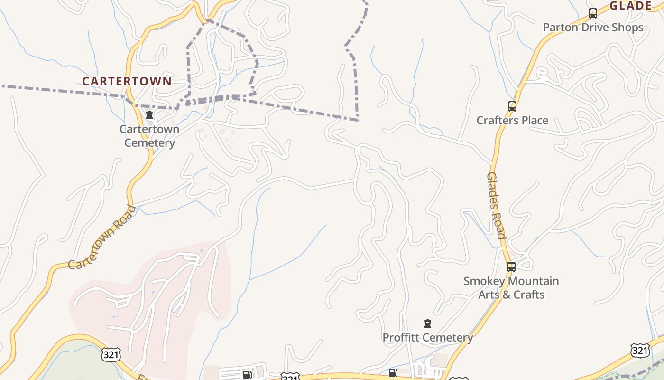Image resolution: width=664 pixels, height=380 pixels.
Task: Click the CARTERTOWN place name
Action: coord(127,81)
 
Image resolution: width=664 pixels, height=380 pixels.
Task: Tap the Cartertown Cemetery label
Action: coord(149,136)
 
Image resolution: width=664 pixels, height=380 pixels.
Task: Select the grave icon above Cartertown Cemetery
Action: coord(149,115)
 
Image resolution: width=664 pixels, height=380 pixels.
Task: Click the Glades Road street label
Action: coord(496,205)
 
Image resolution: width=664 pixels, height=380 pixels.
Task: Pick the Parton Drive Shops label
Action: coord(593,27)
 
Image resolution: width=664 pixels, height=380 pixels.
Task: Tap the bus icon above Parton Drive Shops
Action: coord(592,13)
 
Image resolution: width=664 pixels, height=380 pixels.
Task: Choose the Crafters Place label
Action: coord(512,120)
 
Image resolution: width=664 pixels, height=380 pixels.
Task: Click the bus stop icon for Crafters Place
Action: coord(512,106)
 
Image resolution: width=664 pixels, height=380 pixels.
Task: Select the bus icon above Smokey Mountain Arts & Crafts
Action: coord(511,267)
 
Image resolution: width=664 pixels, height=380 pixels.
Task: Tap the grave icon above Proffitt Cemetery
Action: coord(428,324)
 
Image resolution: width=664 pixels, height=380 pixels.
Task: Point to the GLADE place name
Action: coord(630,6)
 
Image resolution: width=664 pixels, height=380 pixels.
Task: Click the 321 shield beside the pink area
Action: coord(111,354)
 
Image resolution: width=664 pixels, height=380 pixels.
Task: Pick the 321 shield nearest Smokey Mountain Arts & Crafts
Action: coord(640,351)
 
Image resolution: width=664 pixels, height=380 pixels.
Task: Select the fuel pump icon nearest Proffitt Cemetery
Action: coord(393,373)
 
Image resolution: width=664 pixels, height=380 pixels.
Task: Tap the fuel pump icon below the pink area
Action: coord(247,374)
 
